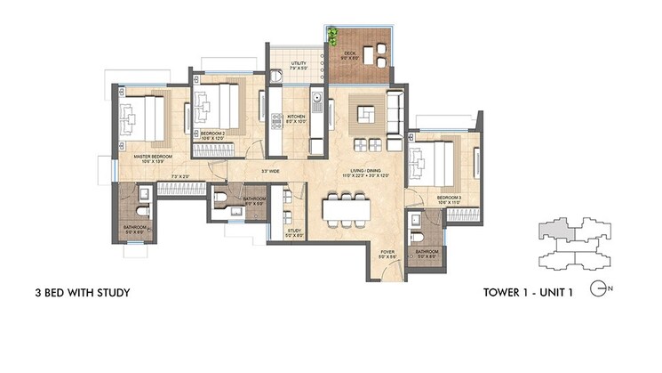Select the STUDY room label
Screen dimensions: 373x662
[294, 232]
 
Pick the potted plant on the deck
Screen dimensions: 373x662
[333, 36]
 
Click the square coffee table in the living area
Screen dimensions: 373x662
[366, 114]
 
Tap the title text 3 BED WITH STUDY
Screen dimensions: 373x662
[83, 292]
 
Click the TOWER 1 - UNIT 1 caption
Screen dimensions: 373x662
[531, 291]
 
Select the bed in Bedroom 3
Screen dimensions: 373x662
[434, 165]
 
